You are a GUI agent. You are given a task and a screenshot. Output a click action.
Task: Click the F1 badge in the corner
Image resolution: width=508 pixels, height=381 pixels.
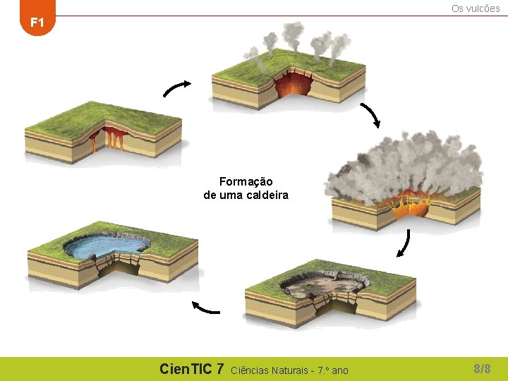tap(37, 23)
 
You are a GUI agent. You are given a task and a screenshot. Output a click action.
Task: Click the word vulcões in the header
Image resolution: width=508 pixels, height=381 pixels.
tap(483, 8)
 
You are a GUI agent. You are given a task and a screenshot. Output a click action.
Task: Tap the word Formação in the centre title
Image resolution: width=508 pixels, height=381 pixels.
tap(246, 182)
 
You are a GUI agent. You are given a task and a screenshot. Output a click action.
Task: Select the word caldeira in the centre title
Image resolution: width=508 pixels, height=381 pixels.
tap(266, 195)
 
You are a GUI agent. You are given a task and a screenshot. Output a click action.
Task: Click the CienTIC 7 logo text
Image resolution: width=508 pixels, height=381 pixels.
tap(191, 369)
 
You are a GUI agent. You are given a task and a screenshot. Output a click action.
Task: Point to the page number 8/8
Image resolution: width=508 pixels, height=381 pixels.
tap(482, 368)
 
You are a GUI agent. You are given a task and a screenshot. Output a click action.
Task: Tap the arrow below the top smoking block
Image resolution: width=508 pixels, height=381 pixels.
tap(370, 115)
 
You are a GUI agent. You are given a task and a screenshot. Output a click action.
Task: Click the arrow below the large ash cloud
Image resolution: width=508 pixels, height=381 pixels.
tap(403, 243)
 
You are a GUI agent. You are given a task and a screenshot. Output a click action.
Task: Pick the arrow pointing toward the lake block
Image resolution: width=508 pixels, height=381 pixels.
tap(205, 308)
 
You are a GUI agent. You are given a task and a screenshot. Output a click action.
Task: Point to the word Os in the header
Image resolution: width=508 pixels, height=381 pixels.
tap(457, 8)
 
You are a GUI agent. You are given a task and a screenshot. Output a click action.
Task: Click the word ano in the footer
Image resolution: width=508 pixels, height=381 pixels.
tap(339, 370)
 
